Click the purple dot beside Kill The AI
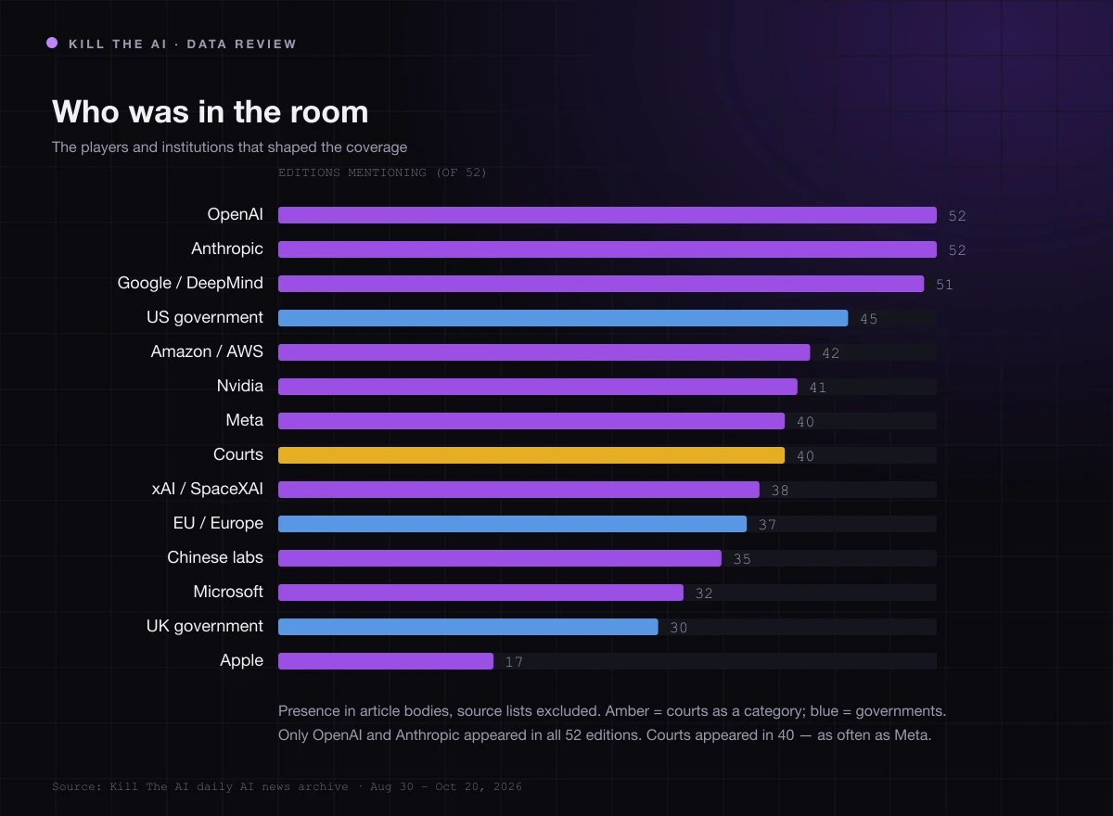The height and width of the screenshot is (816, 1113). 52,44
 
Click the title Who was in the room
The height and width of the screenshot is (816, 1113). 211,112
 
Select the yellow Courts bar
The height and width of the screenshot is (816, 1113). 531,455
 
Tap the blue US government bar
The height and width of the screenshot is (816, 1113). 563,318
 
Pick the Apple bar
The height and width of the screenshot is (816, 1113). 386,661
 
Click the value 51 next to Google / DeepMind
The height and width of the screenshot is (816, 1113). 944,285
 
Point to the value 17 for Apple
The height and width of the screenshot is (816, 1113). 514,662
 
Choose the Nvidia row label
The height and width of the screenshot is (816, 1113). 240,386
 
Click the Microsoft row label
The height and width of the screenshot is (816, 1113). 228,592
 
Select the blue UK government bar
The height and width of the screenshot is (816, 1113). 468,627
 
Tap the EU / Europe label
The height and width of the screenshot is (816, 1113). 218,523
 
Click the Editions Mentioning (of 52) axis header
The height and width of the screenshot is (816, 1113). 382,172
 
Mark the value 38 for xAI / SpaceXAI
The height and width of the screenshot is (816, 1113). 780,491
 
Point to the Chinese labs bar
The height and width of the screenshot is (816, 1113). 500,558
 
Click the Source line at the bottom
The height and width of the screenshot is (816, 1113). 288,786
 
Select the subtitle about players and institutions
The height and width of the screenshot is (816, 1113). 230,147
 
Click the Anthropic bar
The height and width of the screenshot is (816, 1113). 608,249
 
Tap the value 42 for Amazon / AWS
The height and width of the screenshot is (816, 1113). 830,353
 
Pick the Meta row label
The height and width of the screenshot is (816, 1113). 245,420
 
